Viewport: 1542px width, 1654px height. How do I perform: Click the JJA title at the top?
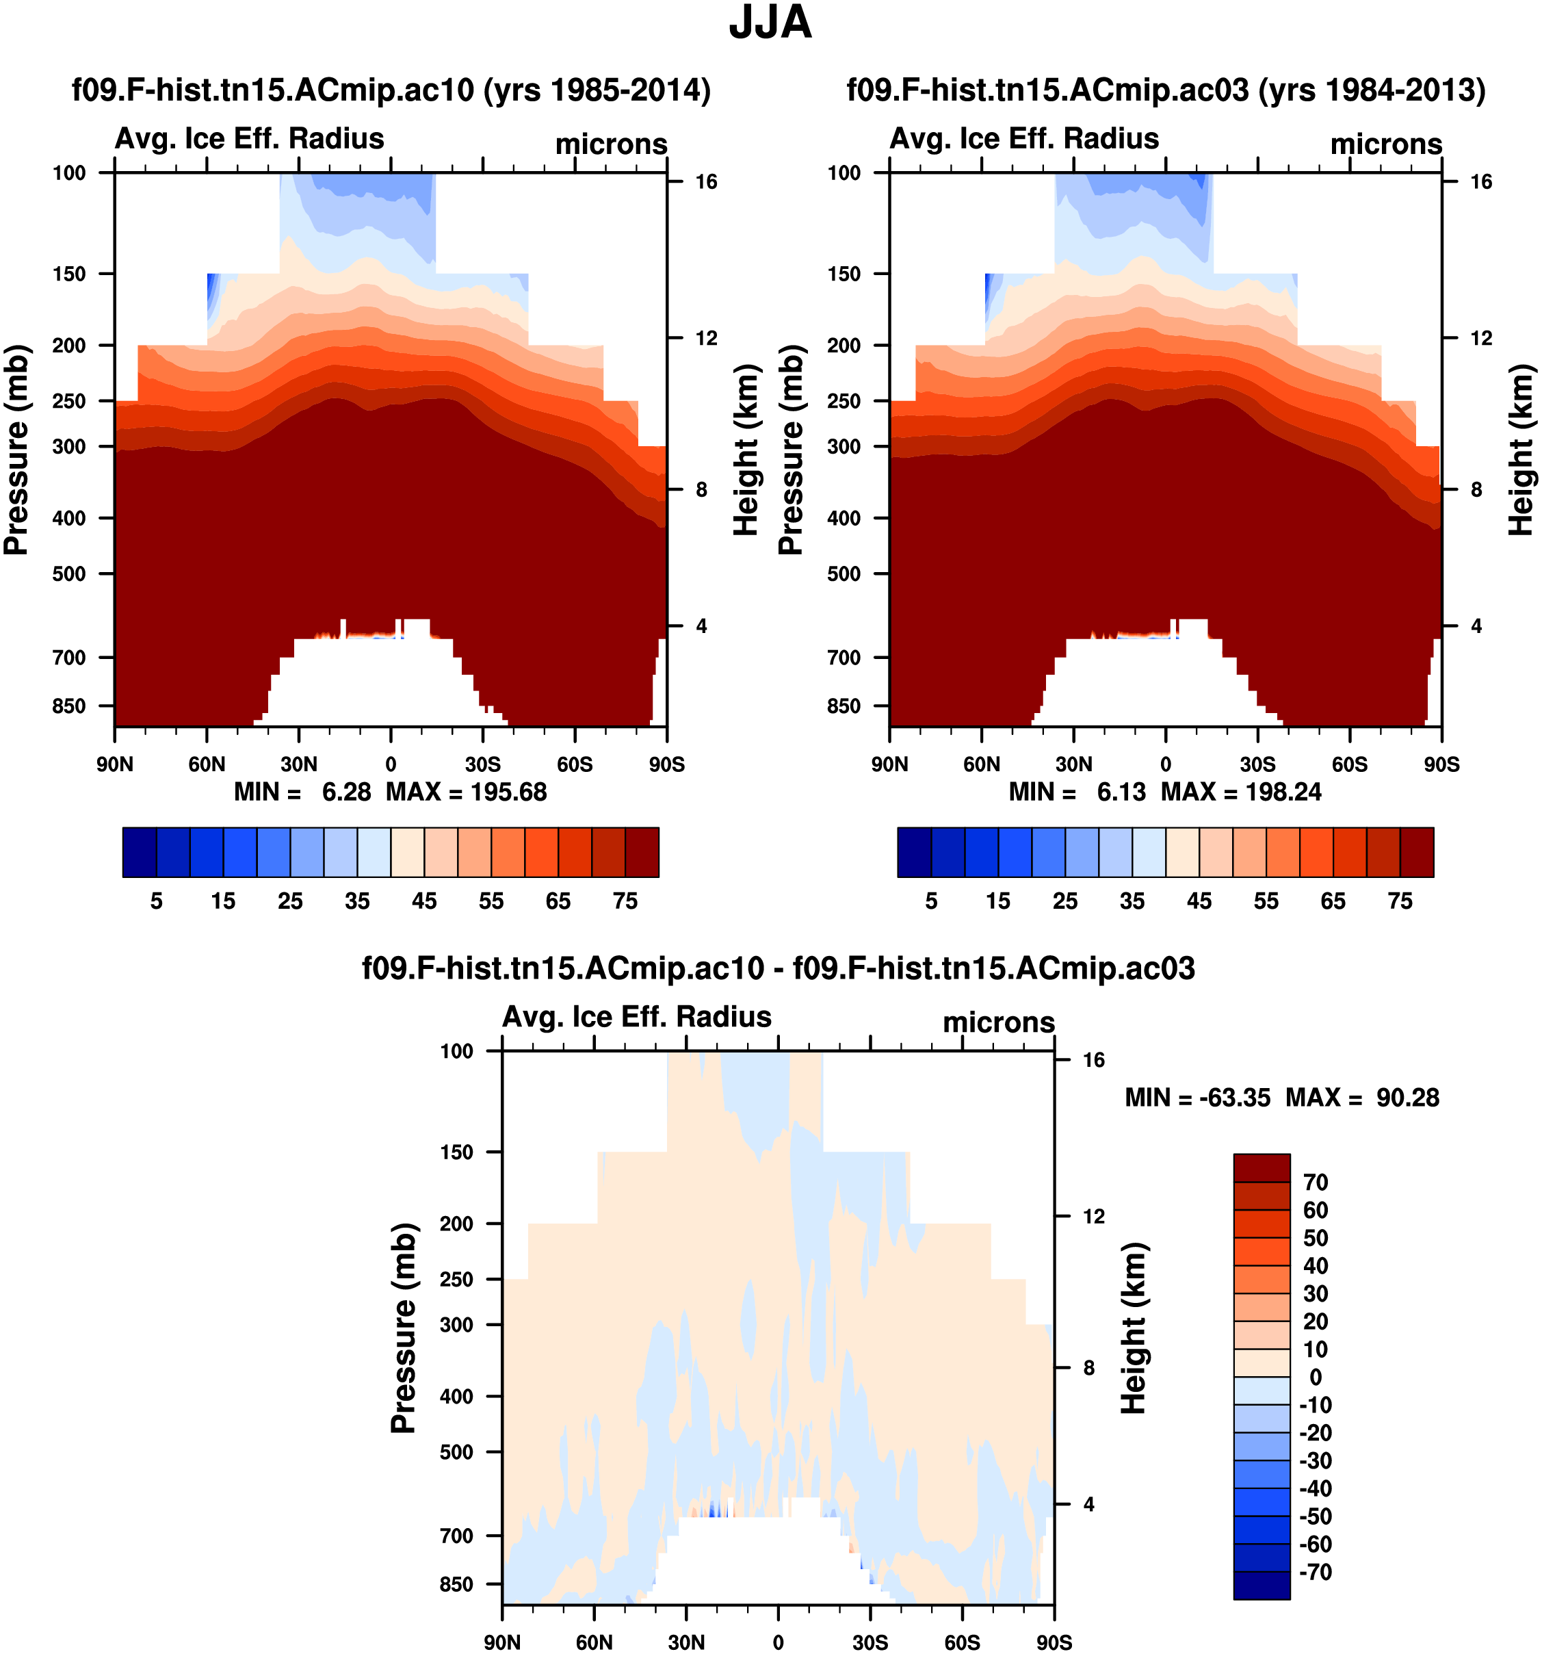coord(770,23)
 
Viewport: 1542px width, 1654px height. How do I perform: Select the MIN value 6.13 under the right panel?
coord(1121,791)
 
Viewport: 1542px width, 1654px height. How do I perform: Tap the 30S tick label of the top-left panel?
coord(482,764)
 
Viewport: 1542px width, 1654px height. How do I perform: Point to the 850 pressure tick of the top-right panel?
coord(844,706)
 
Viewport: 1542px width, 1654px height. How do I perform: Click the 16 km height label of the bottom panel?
coord(1094,1059)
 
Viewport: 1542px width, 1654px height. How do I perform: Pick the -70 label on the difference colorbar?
coord(1315,1572)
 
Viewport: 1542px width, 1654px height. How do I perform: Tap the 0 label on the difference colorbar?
coord(1315,1377)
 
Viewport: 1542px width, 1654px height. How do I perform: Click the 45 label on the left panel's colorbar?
coord(424,901)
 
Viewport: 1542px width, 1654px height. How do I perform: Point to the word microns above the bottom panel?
coord(998,1022)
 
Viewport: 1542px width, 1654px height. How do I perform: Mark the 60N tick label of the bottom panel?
coord(594,1642)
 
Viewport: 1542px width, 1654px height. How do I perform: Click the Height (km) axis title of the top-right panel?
coord(1520,450)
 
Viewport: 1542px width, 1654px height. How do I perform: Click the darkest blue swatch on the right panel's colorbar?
coord(914,852)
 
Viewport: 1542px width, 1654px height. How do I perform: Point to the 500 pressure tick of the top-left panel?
coord(69,573)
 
